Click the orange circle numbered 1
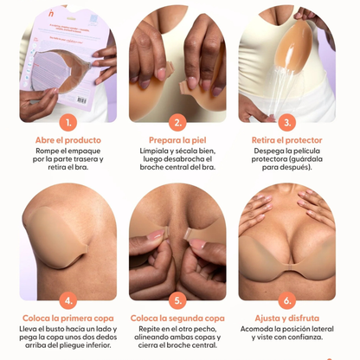pos(68,123)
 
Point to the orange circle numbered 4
pos(68,302)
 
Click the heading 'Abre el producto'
pos(68,140)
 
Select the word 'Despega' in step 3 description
pos(263,152)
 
